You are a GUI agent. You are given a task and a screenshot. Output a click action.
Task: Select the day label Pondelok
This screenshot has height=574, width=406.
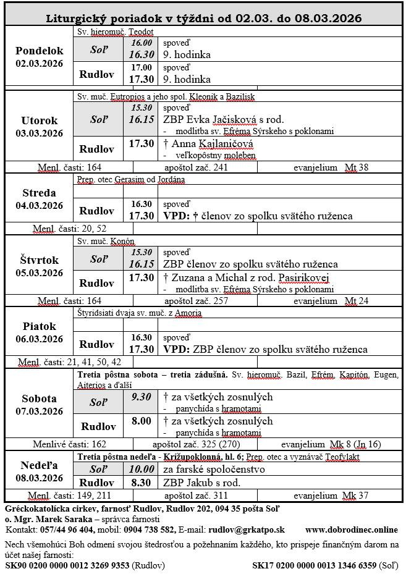40,51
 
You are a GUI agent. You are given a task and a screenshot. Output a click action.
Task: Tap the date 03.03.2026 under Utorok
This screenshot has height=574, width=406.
40,133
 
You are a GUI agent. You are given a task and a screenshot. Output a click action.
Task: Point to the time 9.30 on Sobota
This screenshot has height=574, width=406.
141,397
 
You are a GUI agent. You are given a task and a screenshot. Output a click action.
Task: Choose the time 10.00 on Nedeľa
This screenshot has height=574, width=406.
141,470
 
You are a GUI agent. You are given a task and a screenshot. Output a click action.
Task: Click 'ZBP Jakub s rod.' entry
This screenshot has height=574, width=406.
201,483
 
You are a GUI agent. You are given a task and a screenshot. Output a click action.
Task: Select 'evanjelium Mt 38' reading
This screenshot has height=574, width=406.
331,167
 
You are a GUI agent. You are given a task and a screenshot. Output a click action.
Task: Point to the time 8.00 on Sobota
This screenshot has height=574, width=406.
141,421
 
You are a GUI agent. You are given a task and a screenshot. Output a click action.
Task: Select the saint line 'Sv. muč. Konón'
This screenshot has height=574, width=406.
106,241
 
